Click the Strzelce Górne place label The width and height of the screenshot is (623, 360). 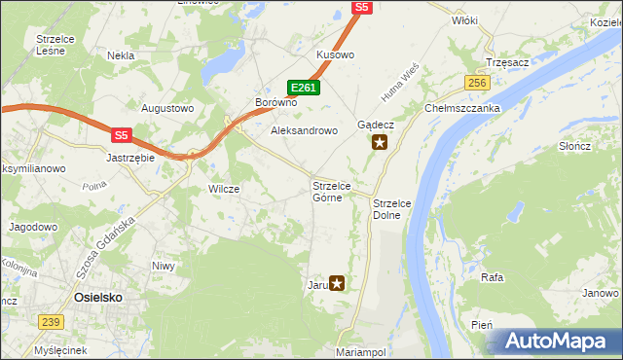[338, 191]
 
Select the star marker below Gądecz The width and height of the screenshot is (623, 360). [380, 143]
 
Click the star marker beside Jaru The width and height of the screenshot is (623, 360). [337, 284]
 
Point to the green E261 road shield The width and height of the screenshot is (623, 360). [305, 88]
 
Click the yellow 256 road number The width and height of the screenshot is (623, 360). [476, 84]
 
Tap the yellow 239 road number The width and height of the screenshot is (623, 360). [52, 322]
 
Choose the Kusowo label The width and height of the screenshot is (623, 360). [335, 54]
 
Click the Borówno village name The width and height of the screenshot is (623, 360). [275, 102]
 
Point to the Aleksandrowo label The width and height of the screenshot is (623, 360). [303, 129]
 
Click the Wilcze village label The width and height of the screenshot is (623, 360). [224, 189]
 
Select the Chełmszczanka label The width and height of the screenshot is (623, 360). [461, 108]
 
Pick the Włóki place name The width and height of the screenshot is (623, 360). [464, 19]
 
